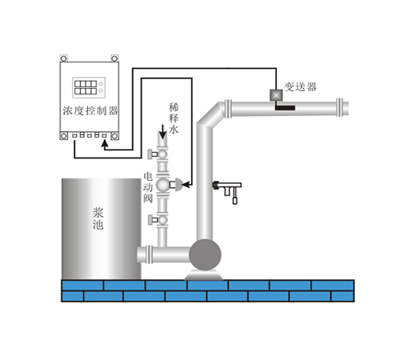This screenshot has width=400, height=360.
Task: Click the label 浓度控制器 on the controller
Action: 90,110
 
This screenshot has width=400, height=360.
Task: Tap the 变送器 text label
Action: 301,87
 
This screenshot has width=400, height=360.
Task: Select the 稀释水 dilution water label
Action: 174,118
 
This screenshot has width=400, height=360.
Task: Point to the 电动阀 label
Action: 148,187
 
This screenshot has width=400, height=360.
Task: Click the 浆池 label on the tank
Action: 98,218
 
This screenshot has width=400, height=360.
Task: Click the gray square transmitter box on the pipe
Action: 276,95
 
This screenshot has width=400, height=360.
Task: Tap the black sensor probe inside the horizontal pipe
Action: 285,108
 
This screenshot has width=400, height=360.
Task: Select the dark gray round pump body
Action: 205,254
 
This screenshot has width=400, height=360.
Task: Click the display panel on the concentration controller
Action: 89,87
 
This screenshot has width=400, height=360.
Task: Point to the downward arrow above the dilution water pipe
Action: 162,132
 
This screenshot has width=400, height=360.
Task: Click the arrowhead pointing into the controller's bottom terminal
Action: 105,144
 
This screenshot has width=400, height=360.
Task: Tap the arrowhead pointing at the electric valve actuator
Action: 187,184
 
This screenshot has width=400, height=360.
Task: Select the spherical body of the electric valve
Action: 162,185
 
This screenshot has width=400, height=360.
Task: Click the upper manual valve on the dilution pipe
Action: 158,154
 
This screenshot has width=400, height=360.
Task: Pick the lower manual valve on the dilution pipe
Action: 158,220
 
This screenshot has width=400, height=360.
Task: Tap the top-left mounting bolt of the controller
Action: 63,58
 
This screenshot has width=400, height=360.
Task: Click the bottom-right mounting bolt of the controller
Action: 114,136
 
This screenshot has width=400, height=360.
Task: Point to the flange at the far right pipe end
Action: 339,107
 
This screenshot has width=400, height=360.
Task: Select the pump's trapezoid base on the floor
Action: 204,275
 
